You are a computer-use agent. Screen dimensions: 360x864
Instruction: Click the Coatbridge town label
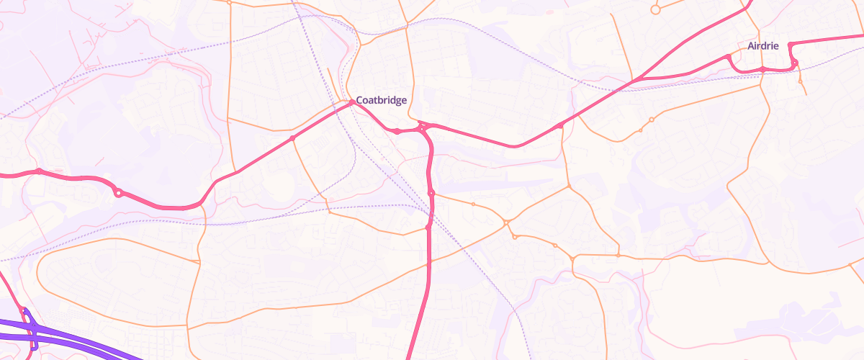[x=382, y=100]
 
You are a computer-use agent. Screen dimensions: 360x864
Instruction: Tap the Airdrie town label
[x=763, y=45]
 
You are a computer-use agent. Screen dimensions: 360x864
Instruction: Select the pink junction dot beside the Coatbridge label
[x=352, y=103]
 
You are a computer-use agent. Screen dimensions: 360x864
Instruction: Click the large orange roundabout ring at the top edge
[x=655, y=9]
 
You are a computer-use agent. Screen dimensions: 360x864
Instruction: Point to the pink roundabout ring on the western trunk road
[x=118, y=193]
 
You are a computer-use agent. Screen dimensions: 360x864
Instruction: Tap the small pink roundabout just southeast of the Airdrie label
[x=795, y=63]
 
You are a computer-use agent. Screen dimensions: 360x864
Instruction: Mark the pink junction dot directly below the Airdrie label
[x=762, y=69]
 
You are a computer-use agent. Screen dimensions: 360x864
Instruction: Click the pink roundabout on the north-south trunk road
[x=431, y=193]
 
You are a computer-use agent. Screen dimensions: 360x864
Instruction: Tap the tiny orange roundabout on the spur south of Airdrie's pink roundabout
[x=800, y=81]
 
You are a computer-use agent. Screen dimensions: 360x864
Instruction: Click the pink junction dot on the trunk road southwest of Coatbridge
[x=292, y=138]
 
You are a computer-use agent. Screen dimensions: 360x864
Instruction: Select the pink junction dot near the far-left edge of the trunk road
[x=40, y=171]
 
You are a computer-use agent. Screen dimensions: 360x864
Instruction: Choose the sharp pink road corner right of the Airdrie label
[x=790, y=45]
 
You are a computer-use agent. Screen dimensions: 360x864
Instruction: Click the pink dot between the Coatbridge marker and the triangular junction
[x=397, y=131]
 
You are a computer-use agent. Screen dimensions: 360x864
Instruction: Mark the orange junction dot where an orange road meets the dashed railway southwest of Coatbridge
[x=329, y=212]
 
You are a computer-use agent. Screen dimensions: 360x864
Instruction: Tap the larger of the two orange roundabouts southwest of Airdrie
[x=651, y=120]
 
